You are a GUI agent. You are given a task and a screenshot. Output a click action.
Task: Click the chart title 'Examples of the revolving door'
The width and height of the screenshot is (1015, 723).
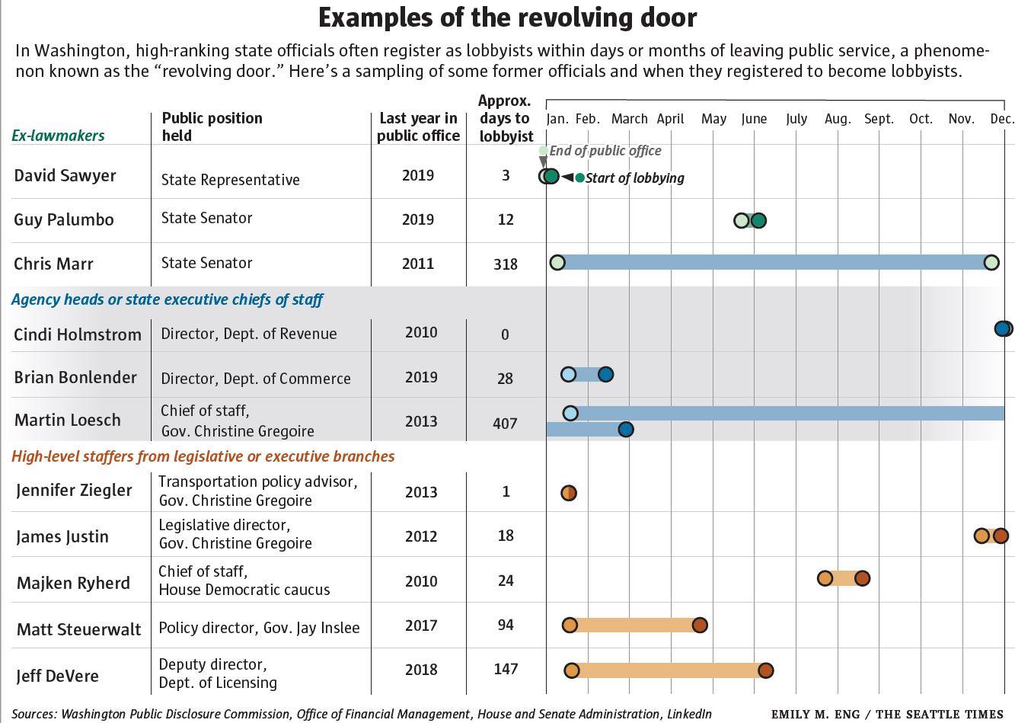(x=507, y=18)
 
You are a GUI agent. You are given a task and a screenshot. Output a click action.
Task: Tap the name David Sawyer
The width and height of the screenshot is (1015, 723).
(x=65, y=175)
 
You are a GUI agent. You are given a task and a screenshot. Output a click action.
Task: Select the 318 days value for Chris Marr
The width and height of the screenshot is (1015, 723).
(x=505, y=264)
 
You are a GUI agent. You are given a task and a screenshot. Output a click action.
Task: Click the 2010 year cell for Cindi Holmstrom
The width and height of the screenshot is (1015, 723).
(x=421, y=333)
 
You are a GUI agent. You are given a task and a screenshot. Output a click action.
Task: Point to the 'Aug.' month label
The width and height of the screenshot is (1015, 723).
(x=837, y=119)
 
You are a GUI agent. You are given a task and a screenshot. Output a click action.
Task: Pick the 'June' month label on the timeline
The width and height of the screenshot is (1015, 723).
(x=754, y=119)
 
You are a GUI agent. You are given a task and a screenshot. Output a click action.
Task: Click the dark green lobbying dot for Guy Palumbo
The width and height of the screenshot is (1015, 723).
(x=758, y=221)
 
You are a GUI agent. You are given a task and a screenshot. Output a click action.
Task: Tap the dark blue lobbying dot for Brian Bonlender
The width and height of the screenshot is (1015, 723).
(x=605, y=374)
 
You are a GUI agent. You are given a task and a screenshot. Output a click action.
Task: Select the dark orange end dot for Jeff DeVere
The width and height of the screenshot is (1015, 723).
(x=766, y=670)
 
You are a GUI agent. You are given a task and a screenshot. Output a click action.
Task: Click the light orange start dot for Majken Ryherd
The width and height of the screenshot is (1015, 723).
(x=825, y=578)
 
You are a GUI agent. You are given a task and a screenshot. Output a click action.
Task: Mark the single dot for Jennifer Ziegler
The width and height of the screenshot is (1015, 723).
(x=569, y=493)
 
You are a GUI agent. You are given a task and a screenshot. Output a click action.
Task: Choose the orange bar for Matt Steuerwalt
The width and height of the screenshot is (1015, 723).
(x=634, y=625)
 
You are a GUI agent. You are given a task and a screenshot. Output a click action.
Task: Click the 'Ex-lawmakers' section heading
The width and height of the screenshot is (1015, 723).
(x=58, y=136)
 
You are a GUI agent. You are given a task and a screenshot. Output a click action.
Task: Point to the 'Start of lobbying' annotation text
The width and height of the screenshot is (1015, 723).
(x=634, y=178)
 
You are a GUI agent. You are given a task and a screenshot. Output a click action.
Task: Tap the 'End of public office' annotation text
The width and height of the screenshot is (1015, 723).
(x=605, y=151)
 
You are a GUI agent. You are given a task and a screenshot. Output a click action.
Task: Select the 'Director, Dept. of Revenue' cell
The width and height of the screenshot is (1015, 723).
(x=248, y=334)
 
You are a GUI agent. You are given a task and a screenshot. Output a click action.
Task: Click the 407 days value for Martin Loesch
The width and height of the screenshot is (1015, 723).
(x=505, y=423)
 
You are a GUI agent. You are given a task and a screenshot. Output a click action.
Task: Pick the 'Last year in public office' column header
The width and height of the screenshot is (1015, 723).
(x=418, y=127)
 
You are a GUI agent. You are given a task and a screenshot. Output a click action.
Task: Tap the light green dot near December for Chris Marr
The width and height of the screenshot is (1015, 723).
(x=991, y=263)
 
